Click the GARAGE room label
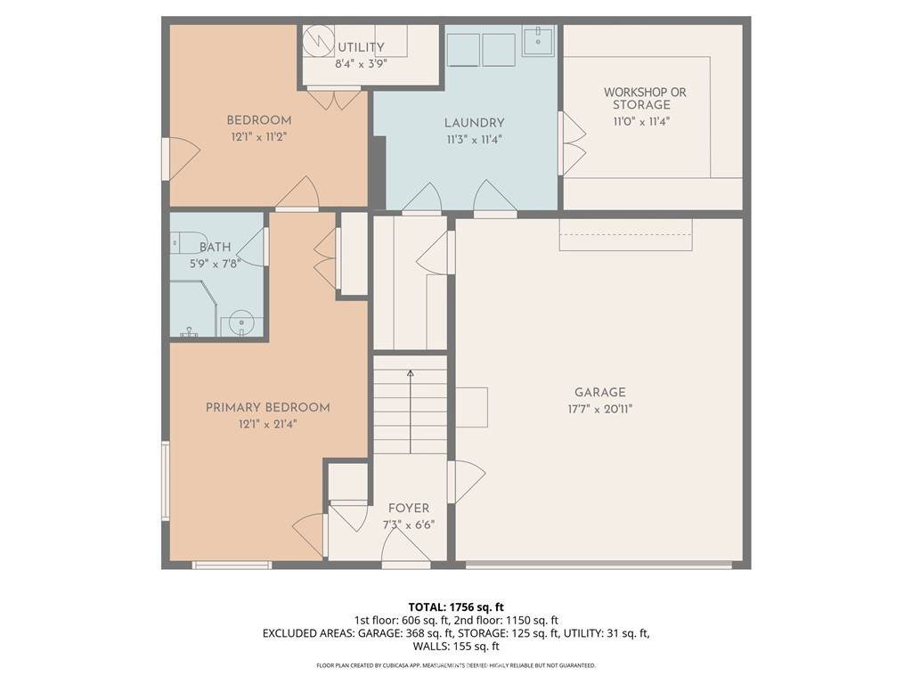coord(599,393)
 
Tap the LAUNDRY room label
coord(474,123)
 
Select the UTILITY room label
coord(362,47)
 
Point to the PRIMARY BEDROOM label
coord(267,408)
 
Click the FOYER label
coord(409,509)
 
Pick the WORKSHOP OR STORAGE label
coord(645,98)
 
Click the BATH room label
coord(216,248)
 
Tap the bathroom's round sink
coord(240,324)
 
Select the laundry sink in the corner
coord(538,40)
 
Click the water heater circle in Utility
coord(318,40)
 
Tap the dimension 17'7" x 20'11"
coord(599,409)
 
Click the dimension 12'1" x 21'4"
coord(267,424)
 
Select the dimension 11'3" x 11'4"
coord(474,140)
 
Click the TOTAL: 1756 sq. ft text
coord(456,607)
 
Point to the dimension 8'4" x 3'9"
coord(362,63)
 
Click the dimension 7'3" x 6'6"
coord(409,525)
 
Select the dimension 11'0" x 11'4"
coord(641,121)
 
